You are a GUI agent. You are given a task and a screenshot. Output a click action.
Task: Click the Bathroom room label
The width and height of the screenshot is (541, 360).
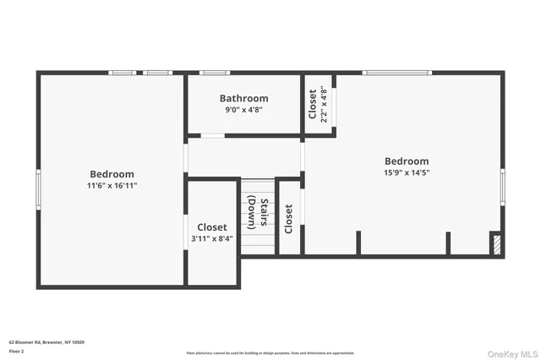click(x=243, y=98)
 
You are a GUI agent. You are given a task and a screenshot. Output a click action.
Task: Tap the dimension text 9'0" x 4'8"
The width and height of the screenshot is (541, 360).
click(x=243, y=110)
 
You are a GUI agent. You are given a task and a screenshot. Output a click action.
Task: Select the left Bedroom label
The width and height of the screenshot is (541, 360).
click(x=112, y=174)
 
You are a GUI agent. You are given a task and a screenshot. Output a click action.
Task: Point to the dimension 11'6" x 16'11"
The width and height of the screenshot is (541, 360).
click(x=112, y=186)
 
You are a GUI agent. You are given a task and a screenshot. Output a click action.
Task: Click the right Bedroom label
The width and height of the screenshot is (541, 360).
click(x=407, y=161)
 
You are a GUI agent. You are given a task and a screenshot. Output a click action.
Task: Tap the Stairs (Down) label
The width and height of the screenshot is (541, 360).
click(x=258, y=214)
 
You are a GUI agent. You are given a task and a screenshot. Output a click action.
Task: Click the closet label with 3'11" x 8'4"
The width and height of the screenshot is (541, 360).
click(x=212, y=227)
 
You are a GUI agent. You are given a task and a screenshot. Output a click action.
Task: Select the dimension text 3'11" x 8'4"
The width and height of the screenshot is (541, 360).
click(x=212, y=239)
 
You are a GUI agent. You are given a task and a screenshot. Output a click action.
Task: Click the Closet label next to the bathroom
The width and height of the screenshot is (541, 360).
click(x=313, y=103)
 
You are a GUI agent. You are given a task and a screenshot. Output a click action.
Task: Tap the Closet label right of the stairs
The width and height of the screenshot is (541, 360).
click(x=289, y=219)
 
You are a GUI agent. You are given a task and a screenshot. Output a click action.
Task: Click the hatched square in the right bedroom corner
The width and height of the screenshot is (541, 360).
click(x=496, y=245)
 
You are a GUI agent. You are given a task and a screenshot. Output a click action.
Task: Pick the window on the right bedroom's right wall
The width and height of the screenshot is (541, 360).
click(x=502, y=187)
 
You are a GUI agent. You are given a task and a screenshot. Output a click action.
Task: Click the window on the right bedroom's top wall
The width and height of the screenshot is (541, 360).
click(x=397, y=73)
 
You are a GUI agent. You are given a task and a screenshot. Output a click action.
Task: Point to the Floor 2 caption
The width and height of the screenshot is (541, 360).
click(x=17, y=350)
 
